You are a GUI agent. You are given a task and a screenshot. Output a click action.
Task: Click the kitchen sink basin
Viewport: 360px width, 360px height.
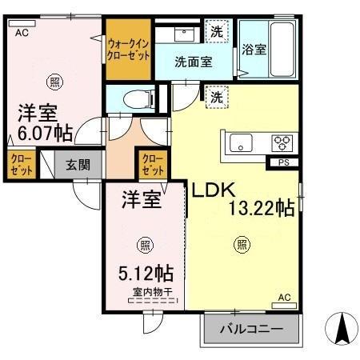pos(240,143)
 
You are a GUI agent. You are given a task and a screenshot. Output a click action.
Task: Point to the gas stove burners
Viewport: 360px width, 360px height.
pos(282,142)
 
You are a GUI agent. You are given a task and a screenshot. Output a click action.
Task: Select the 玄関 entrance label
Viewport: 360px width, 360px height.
pos(78,166)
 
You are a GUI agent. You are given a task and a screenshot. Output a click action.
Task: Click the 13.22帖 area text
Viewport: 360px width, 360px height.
pos(262,209)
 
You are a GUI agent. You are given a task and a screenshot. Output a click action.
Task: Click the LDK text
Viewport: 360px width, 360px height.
pos(210,190)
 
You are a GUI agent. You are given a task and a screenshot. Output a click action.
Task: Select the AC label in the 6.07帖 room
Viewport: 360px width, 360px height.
pos(22,33)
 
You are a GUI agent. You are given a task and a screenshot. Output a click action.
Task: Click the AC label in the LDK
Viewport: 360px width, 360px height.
pos(285,298)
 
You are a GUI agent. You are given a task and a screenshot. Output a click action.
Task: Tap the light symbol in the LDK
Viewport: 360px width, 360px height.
pos(241,245)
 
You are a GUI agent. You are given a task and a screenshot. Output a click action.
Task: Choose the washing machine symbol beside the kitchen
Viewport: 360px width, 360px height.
pos(217,97)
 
